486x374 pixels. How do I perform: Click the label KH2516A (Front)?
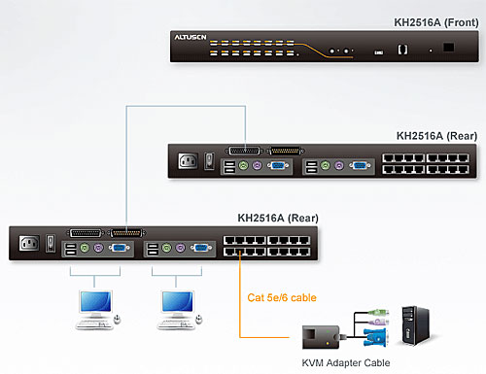(432, 11)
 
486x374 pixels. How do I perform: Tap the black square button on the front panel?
(449, 47)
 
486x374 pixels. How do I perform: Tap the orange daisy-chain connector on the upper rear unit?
(284, 151)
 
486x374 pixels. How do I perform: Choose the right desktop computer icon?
(177, 307)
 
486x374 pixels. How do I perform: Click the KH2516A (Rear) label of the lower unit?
(275, 218)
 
